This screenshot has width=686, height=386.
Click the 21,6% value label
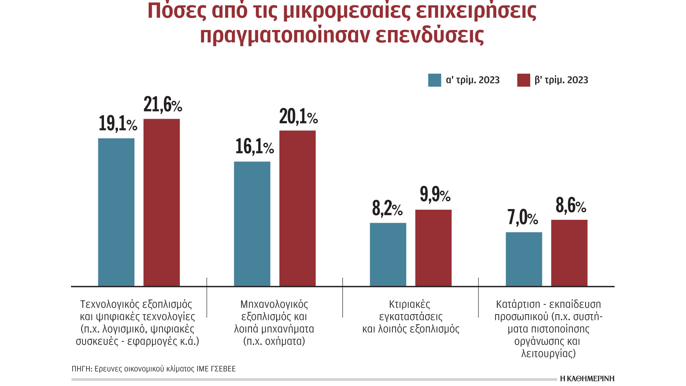[163, 105]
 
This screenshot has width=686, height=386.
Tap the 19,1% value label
[118, 124]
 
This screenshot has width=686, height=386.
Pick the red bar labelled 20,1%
[297, 208]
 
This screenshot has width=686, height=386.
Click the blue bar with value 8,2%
[388, 254]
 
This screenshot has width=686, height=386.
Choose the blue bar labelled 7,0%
[524, 259]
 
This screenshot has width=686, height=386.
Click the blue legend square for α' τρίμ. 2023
[434, 80]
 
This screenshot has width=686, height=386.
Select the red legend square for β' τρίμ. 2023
[523, 80]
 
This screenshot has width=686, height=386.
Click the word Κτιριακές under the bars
[409, 305]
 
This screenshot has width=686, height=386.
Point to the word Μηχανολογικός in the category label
[274, 305]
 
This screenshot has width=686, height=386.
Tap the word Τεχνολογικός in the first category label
[110, 305]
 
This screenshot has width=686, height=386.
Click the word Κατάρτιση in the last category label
[518, 305]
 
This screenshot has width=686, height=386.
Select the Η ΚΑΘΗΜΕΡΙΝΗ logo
[587, 378]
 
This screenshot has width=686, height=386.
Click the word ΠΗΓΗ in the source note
[81, 369]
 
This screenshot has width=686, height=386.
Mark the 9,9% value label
[435, 195]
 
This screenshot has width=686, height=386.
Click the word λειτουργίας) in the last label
[548, 354]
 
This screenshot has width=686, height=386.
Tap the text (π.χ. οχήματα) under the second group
[274, 341]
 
